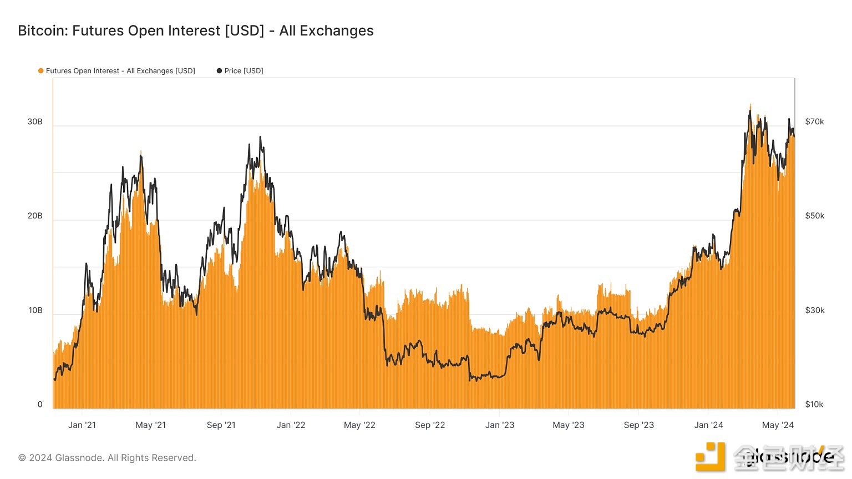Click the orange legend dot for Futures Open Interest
point(40,71)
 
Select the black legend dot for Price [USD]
point(219,71)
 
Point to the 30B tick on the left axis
point(35,122)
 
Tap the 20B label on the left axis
point(35,216)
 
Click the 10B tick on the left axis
point(35,310)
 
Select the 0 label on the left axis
point(40,405)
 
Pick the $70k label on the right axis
point(814,122)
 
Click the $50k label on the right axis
point(814,216)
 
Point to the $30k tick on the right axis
point(814,310)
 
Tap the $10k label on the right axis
point(814,405)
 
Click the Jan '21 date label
point(82,425)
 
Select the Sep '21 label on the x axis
point(221,425)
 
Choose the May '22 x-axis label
point(359,425)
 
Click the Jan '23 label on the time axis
point(499,425)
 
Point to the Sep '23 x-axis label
point(638,425)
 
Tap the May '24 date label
point(778,425)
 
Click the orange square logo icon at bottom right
point(711,457)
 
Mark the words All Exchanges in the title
point(326,31)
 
